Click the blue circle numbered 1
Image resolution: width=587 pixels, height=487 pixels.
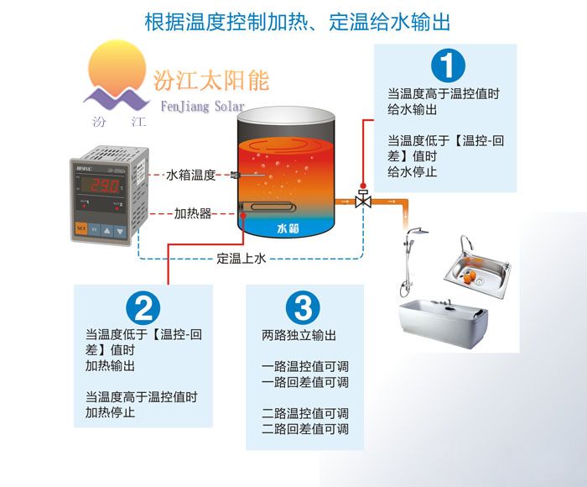pyautogui.click(x=448, y=65)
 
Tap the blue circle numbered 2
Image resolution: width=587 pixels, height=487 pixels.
pyautogui.click(x=143, y=308)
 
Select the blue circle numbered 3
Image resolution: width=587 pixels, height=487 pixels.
pyautogui.click(x=303, y=308)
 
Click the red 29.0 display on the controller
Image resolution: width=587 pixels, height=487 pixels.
pyautogui.click(x=101, y=186)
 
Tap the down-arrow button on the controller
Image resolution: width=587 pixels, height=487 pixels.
pyautogui.click(x=121, y=231)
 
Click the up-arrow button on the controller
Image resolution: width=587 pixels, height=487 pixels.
pyautogui.click(x=107, y=230)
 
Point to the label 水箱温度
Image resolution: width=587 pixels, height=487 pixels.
pyautogui.click(x=191, y=175)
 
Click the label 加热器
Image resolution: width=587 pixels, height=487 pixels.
pyautogui.click(x=193, y=214)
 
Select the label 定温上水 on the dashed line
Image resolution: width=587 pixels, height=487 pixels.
pyautogui.click(x=242, y=259)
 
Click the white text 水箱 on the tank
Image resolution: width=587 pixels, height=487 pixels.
pyautogui.click(x=288, y=228)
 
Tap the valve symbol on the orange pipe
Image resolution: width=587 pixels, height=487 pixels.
pyautogui.click(x=363, y=198)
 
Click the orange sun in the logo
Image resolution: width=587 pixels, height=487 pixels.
pyautogui.click(x=117, y=66)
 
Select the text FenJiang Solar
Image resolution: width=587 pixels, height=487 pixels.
pyautogui.click(x=203, y=106)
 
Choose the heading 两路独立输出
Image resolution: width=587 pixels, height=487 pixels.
pyautogui.click(x=299, y=335)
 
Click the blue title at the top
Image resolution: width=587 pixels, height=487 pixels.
pyautogui.click(x=297, y=21)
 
